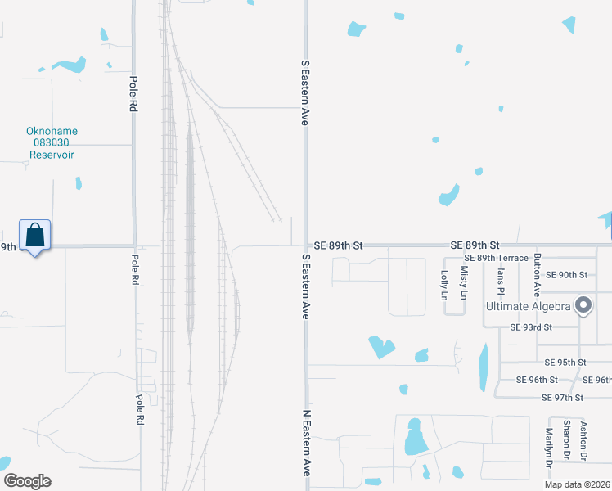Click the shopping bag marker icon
point(34,236)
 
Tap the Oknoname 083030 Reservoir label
point(52,142)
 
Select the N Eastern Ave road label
point(308,444)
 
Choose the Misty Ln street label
point(465,282)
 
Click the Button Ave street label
point(538,273)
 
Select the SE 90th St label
point(567,275)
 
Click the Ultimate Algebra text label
point(529,306)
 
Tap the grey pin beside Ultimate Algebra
point(583,305)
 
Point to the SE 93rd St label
point(531,327)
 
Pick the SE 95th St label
point(565,363)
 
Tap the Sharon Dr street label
point(566,439)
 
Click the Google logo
point(27,481)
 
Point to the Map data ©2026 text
point(577,484)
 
